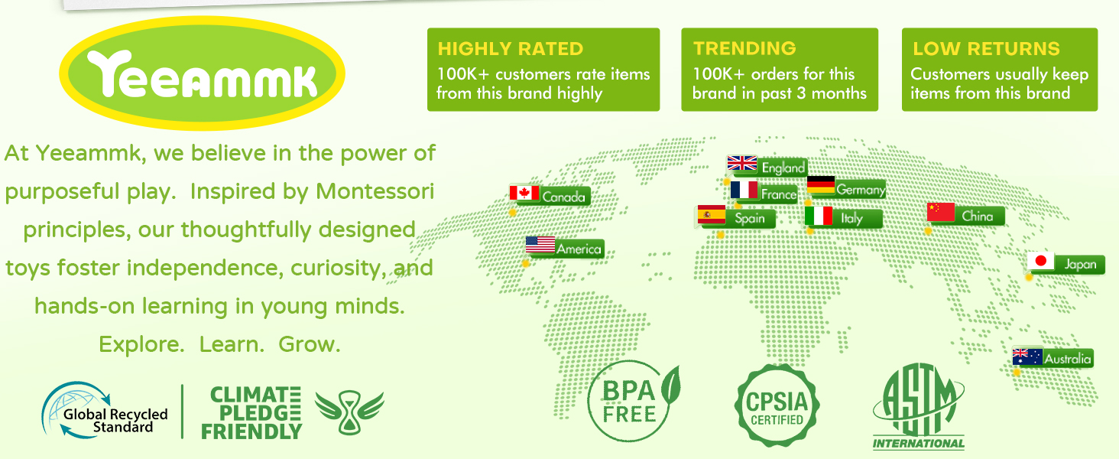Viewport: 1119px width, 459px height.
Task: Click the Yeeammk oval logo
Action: tap(202, 73)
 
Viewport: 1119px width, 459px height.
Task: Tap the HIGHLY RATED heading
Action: tap(510, 48)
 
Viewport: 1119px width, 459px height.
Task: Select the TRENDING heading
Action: tap(744, 48)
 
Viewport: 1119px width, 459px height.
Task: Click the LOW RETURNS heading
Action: tap(986, 48)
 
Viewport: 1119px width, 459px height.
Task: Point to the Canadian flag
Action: tap(524, 193)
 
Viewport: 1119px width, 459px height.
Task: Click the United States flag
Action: tap(540, 245)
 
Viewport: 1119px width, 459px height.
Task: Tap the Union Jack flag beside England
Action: tap(742, 163)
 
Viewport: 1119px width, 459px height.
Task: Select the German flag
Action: tap(821, 184)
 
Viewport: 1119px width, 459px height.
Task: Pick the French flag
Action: tap(744, 190)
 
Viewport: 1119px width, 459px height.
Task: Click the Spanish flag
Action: tap(712, 214)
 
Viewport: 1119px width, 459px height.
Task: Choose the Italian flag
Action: tap(819, 216)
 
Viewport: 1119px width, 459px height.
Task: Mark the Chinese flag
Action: tap(941, 212)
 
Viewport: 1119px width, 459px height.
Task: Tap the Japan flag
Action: tap(1040, 261)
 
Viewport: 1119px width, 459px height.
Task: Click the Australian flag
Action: tap(1027, 356)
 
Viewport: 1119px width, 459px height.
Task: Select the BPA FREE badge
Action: tap(633, 401)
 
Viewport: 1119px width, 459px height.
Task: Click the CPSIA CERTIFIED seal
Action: tap(777, 405)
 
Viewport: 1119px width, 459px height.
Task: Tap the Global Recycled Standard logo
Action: tap(105, 411)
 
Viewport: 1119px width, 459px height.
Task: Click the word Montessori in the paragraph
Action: tap(375, 191)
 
